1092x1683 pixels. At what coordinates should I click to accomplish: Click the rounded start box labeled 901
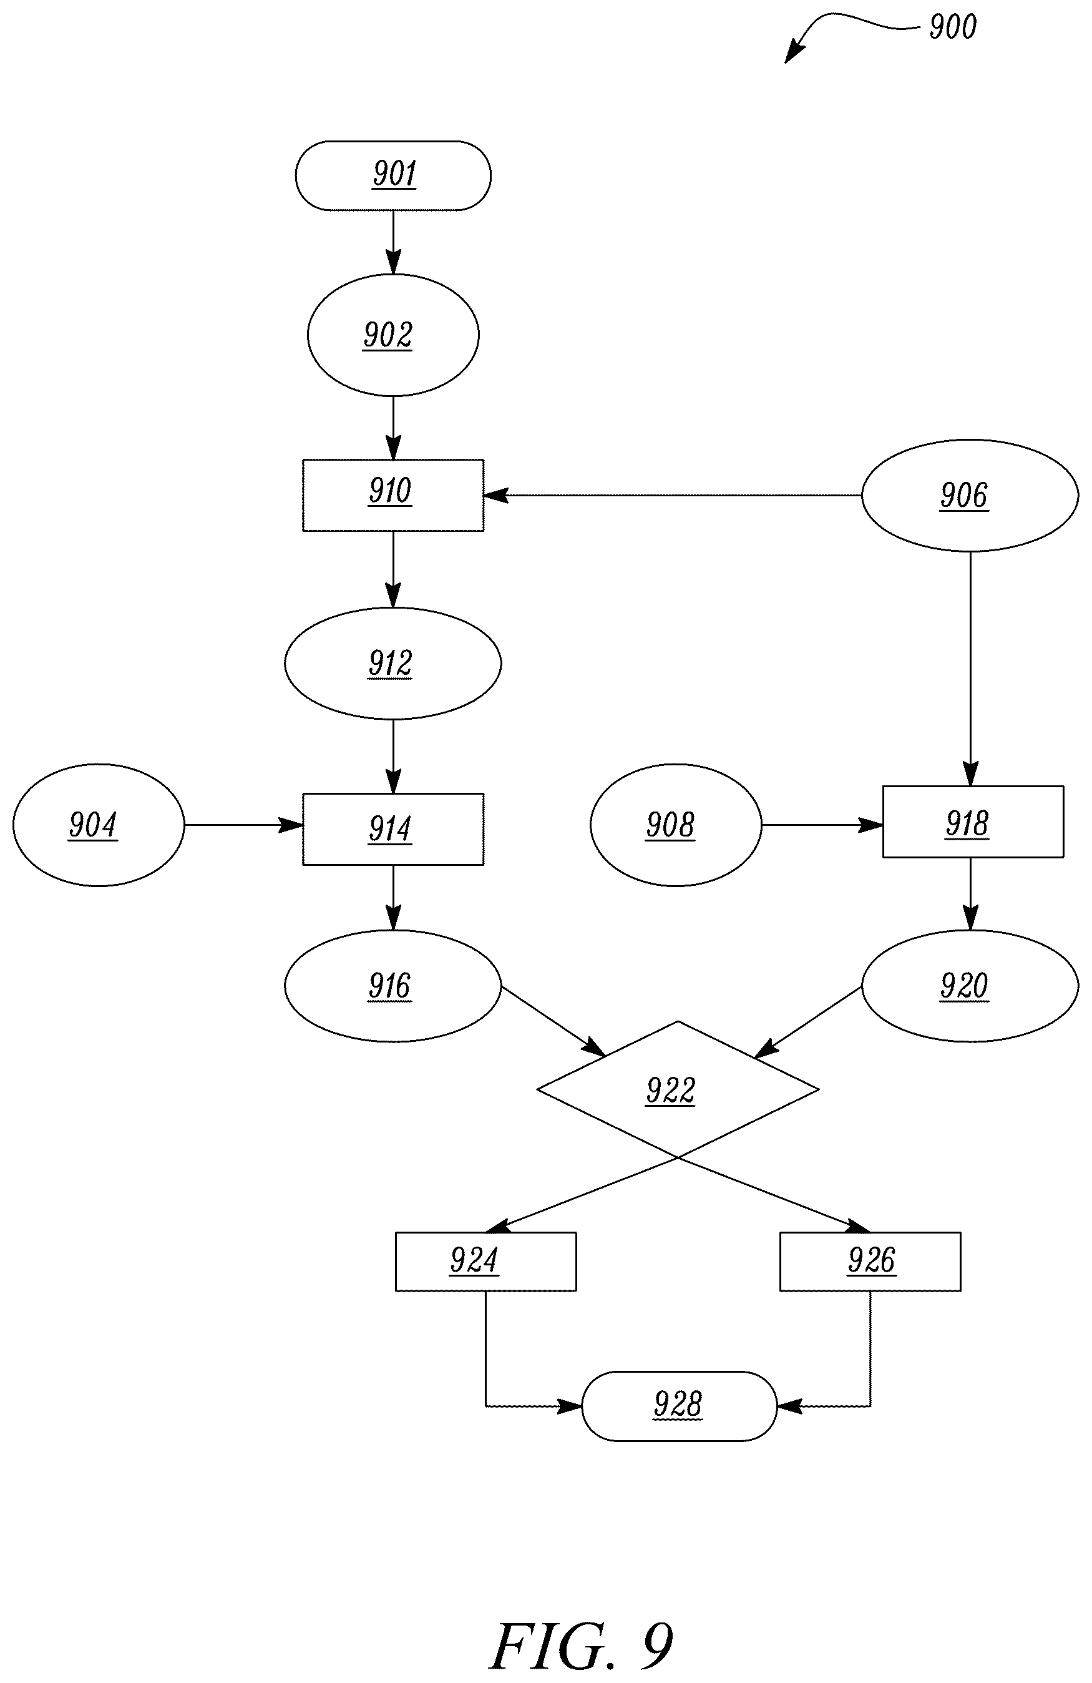coord(393,175)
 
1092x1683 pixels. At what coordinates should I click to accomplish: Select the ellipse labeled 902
coord(393,335)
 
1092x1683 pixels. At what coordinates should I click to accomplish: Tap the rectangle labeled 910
coord(393,495)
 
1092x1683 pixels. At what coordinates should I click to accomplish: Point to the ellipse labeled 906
coord(970,495)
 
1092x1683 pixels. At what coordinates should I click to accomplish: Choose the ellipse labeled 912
coord(393,664)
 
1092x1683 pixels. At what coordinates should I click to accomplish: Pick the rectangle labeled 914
coord(393,829)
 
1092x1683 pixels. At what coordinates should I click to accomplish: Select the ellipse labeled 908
coord(676,825)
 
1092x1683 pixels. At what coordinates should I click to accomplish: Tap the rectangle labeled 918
coord(973,822)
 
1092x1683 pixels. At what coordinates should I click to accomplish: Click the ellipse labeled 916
coord(393,986)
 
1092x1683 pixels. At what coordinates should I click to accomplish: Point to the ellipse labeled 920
coord(970,986)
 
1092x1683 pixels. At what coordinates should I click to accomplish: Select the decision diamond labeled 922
coord(678,1089)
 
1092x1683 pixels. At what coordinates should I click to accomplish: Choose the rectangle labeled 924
coord(485,1262)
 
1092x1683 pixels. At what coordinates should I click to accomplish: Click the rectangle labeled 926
coord(870,1262)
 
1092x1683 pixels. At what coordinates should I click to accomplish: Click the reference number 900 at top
coord(952,27)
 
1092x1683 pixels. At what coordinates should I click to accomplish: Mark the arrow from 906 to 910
coord(673,496)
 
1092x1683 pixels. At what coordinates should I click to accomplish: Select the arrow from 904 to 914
coord(243,825)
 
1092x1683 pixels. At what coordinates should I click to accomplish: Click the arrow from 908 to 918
coord(822,825)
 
